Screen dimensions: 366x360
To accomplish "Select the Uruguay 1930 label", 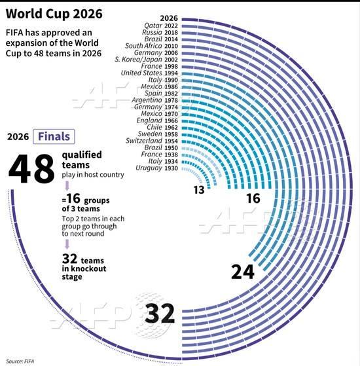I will coord(156,168).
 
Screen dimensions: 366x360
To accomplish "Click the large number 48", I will coord(31,169).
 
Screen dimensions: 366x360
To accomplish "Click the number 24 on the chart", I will coord(243,271).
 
